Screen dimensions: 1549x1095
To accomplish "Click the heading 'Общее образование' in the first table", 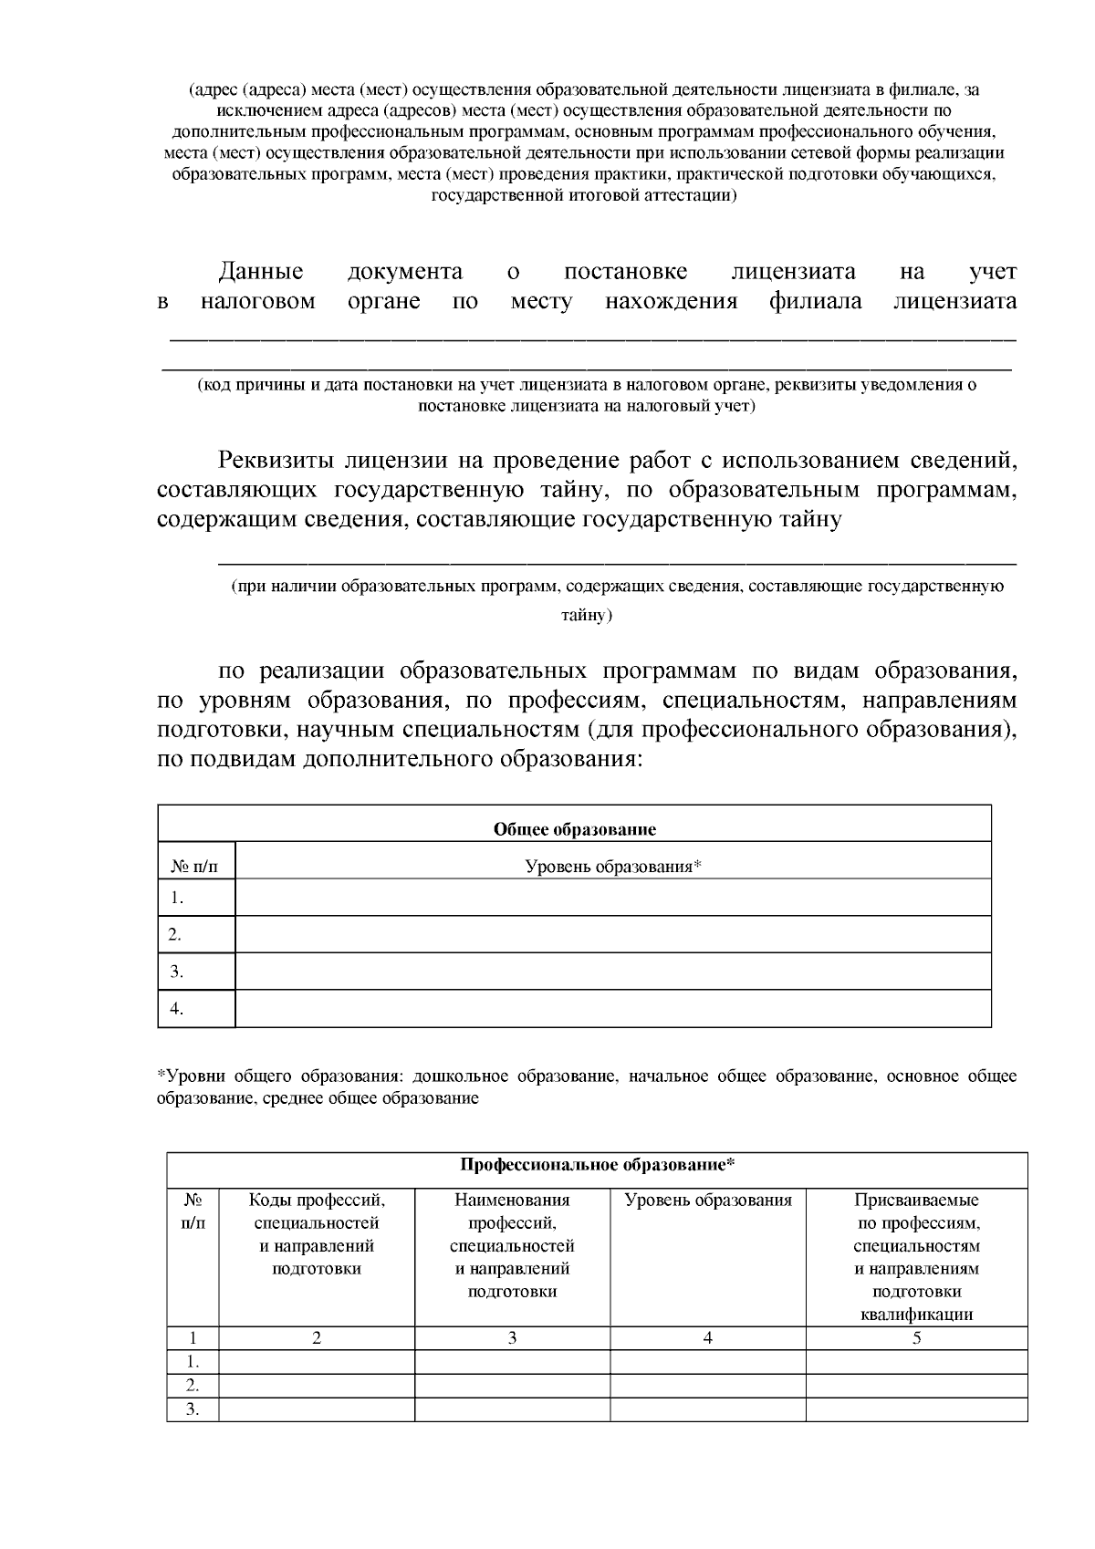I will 574,829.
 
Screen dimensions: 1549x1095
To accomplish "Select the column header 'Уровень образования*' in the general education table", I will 612,866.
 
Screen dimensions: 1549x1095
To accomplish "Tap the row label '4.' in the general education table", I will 177,1008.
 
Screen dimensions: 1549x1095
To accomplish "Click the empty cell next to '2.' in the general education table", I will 612,934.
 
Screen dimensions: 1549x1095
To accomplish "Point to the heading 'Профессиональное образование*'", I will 597,1165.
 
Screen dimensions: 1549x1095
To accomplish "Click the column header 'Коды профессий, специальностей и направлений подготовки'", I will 317,1234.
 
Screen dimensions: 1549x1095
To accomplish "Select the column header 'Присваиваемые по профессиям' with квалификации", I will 916,1257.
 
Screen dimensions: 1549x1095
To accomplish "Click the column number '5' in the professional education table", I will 916,1338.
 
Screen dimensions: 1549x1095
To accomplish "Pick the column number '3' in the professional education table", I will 512,1338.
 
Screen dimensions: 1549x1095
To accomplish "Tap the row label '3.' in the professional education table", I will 193,1409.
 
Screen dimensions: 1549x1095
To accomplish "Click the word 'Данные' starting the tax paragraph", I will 260,272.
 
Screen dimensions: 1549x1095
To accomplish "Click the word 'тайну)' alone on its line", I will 586,616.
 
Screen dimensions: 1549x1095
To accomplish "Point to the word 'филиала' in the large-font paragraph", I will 815,302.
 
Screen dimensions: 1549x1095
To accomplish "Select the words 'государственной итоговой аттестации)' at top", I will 584,195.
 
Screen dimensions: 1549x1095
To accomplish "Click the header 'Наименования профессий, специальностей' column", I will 512,1245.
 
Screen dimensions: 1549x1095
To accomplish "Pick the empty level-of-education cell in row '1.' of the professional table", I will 707,1362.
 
